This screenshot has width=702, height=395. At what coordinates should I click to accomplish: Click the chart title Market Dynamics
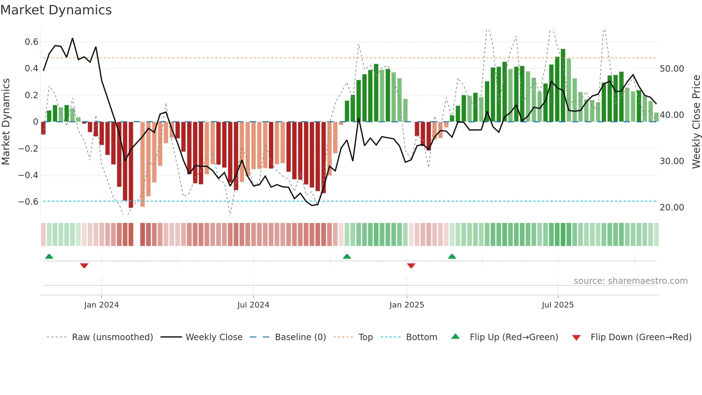pos(56,10)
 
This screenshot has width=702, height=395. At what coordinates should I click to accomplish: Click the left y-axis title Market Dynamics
pos(6,122)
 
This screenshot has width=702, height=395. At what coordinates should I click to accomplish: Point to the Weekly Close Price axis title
pos(696,122)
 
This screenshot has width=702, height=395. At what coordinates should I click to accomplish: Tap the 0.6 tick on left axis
pos(32,42)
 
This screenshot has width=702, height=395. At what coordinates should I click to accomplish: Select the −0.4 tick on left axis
pos(28,175)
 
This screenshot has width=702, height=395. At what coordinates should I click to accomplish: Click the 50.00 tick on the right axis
pos(672,69)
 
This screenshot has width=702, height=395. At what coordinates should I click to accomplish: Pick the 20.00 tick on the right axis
pos(672,208)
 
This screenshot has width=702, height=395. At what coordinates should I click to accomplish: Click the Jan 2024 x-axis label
pos(101,305)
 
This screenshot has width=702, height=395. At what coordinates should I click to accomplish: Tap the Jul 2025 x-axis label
pos(558,305)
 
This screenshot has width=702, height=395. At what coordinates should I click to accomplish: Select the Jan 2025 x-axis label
pos(407,305)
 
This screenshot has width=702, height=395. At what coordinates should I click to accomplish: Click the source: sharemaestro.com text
pos(630,281)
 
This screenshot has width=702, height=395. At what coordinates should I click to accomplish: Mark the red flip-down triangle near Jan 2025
pos(411,266)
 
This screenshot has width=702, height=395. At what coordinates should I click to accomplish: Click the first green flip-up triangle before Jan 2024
pos(49,256)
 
